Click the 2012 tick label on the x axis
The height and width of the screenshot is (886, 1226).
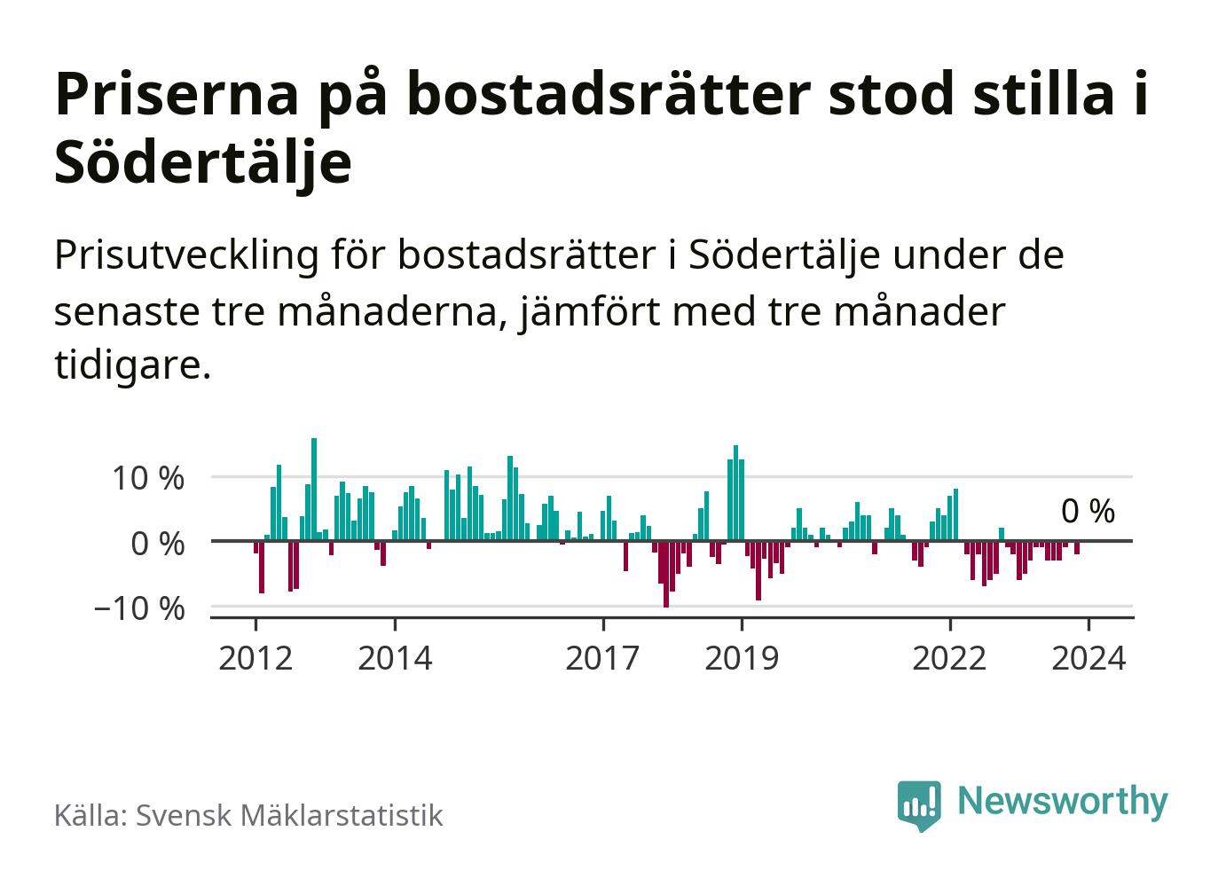[x=255, y=659]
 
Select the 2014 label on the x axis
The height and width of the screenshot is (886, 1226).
[x=395, y=659]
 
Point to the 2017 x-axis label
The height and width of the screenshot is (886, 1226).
[x=602, y=659]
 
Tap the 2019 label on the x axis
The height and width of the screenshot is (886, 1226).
[x=741, y=659]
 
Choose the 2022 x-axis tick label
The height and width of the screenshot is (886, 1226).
[x=949, y=659]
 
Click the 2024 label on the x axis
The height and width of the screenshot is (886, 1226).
[x=1088, y=659]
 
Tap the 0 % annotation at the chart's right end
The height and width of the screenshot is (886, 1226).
[x=1088, y=512]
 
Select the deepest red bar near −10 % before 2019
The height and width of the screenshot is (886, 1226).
[x=666, y=574]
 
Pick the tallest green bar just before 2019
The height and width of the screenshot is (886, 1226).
[x=735, y=493]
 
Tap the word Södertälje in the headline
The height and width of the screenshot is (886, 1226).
[x=203, y=163]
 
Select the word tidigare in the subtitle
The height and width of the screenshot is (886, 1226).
[x=132, y=365]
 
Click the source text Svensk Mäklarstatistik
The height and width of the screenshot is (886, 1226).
[x=288, y=815]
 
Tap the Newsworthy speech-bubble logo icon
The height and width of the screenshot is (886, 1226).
[x=919, y=804]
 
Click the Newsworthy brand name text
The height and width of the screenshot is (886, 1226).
[x=1063, y=801]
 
